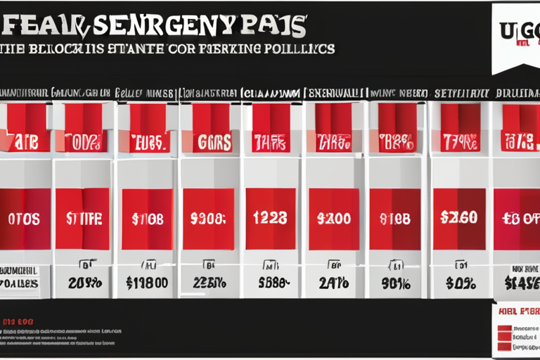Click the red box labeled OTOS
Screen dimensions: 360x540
[x=25, y=219]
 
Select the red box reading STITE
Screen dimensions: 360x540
[x=82, y=219]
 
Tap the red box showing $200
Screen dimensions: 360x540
[x=333, y=219]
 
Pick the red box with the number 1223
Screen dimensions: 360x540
[x=269, y=219]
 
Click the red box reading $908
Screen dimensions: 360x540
[x=207, y=219]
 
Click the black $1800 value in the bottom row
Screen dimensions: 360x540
[x=146, y=283]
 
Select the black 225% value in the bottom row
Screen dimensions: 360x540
[x=208, y=283]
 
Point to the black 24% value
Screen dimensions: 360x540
[x=333, y=283]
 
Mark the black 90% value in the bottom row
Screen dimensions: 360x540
[x=395, y=283]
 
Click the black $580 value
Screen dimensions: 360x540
[x=270, y=283]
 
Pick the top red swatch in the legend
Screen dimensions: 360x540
[x=503, y=328]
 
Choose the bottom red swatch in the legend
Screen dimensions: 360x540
[x=503, y=347]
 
